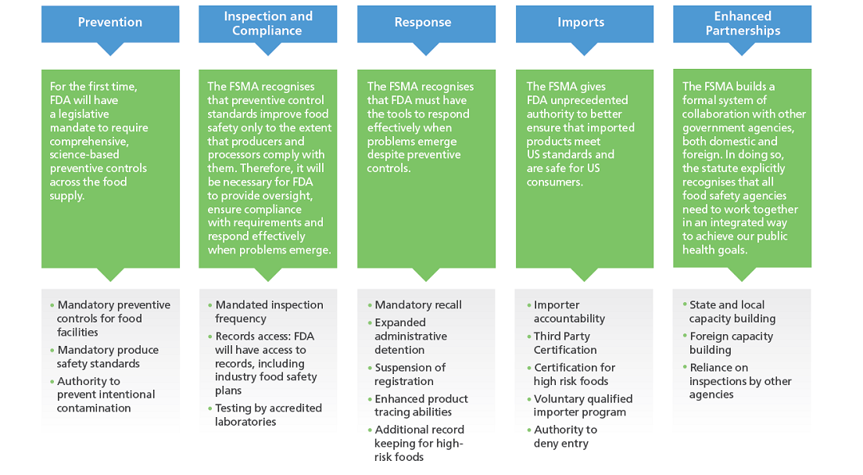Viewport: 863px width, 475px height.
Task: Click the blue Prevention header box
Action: [x=110, y=23]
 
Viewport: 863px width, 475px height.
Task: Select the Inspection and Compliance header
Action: [x=267, y=23]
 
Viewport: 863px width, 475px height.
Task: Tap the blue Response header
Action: [x=426, y=23]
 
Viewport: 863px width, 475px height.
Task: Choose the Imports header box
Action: [x=585, y=23]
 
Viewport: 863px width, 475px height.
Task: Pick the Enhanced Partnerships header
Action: [x=743, y=23]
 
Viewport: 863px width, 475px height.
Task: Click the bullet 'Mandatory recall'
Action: [x=418, y=305]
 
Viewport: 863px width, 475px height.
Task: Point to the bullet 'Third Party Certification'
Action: [x=564, y=343]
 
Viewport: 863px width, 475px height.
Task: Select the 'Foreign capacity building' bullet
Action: [x=730, y=343]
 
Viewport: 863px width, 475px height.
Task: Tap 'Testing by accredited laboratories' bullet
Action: [x=268, y=415]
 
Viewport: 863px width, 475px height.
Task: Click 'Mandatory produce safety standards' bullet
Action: [x=107, y=357]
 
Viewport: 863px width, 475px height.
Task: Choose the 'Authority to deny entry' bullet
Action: [x=564, y=437]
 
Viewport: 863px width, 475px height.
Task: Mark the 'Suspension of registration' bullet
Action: [x=410, y=374]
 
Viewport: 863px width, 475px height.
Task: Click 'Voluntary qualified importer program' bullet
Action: [x=582, y=405]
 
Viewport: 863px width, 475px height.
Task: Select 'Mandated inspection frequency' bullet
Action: [x=268, y=311]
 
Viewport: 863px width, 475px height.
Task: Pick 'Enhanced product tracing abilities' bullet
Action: [x=421, y=405]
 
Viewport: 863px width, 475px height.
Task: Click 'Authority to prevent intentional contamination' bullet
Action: [x=106, y=394]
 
